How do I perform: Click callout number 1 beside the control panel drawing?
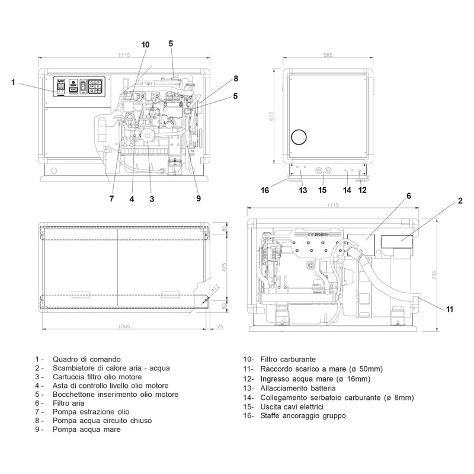click(x=13, y=82)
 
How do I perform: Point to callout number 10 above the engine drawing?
click(x=146, y=44)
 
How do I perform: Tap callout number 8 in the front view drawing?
click(x=235, y=78)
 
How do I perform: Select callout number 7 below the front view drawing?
click(x=111, y=199)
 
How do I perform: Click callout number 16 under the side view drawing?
click(x=265, y=190)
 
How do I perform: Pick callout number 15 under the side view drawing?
click(x=322, y=190)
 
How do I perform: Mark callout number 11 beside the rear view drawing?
click(x=450, y=309)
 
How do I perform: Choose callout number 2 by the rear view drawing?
click(x=460, y=201)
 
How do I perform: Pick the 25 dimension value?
click(x=220, y=326)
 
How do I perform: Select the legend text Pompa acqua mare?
click(x=86, y=430)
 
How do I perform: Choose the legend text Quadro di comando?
click(x=86, y=359)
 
